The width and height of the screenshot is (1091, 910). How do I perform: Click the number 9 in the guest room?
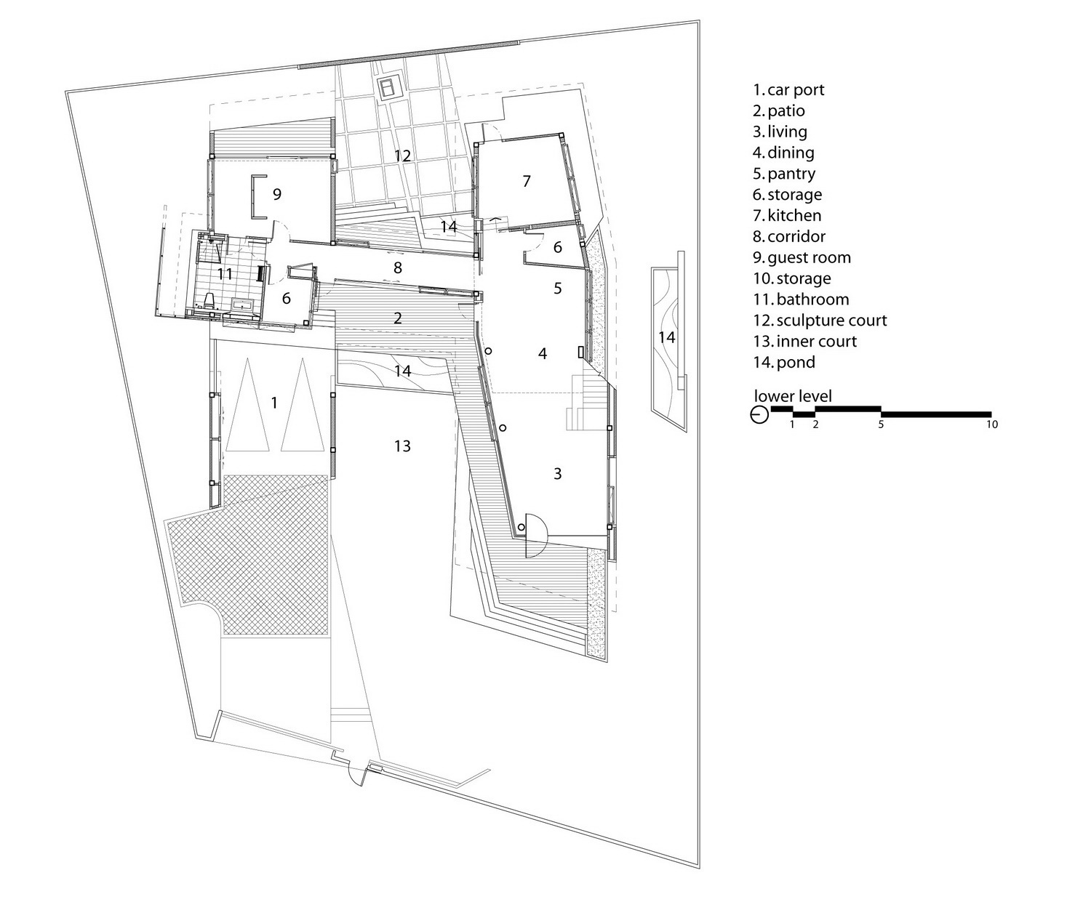[277, 194]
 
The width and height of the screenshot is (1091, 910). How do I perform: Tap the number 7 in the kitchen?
[527, 181]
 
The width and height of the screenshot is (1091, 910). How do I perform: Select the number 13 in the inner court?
[402, 446]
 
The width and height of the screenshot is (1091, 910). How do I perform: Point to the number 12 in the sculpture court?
[402, 156]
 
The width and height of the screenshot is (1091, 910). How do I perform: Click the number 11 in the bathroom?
[225, 273]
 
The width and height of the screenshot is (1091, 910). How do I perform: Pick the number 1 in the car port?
[273, 403]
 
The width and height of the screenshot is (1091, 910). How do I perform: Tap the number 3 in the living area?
[558, 473]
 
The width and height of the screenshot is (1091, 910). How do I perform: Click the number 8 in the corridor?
[398, 267]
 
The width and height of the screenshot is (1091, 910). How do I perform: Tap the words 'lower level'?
[793, 395]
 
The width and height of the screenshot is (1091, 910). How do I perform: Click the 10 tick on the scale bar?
[992, 424]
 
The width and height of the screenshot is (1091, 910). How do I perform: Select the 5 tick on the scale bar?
[881, 424]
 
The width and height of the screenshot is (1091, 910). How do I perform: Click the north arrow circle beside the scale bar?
[759, 415]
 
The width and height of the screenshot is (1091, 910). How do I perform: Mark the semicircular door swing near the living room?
[537, 536]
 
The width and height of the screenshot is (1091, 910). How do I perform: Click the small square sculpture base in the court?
[388, 88]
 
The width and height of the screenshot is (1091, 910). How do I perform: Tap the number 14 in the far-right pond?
[667, 337]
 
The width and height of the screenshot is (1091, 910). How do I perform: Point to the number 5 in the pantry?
[558, 289]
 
